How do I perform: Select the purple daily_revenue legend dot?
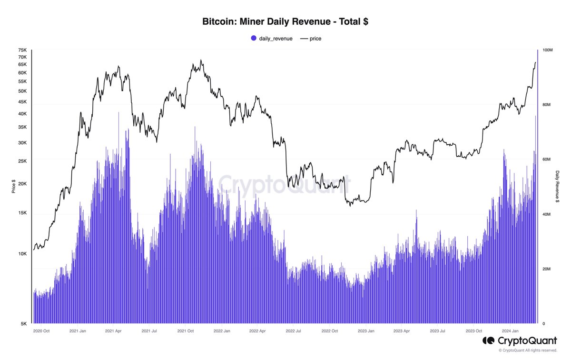(254, 38)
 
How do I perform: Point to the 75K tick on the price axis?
(22, 50)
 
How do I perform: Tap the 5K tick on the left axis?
(24, 324)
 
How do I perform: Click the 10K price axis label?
(22, 254)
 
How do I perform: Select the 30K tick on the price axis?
(22, 143)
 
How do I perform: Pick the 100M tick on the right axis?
(547, 50)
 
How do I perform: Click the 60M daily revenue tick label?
(547, 160)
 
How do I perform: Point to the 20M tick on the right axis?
(547, 269)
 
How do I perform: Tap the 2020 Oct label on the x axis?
(41, 330)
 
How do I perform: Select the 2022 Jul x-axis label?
(293, 330)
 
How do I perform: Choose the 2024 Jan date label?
(510, 330)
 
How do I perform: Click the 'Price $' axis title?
(13, 187)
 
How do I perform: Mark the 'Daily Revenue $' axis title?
(557, 187)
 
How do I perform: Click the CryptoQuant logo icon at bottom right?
(489, 341)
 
